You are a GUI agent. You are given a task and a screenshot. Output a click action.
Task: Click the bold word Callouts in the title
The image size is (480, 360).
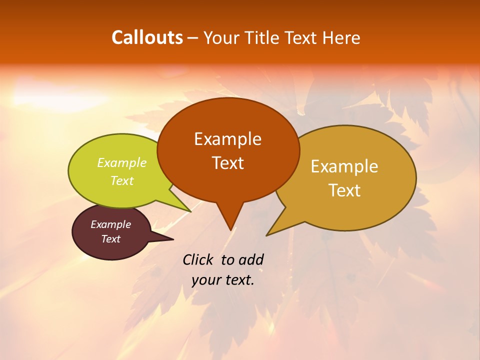click(x=147, y=37)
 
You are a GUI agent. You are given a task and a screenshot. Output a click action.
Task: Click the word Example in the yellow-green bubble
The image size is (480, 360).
click(x=122, y=163)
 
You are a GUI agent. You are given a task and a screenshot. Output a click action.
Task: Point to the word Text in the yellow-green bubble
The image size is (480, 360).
click(x=122, y=180)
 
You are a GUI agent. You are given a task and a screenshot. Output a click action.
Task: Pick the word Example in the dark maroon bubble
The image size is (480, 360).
click(x=110, y=224)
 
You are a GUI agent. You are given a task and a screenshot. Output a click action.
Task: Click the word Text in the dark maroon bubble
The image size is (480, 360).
click(x=110, y=239)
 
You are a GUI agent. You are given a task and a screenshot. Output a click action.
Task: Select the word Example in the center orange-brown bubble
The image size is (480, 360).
click(x=227, y=139)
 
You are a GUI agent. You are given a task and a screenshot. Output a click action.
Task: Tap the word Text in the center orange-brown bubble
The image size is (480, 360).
click(x=227, y=163)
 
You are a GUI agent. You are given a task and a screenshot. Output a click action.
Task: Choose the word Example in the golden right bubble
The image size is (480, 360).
click(x=344, y=166)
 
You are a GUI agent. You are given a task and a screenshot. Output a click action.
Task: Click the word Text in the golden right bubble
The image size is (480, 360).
click(x=344, y=190)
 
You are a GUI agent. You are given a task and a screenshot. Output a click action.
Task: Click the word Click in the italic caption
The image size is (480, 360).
click(x=199, y=259)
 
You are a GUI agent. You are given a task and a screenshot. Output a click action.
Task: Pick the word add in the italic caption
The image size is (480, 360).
click(x=251, y=259)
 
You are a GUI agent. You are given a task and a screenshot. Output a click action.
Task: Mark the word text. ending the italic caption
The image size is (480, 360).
click(x=239, y=280)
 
